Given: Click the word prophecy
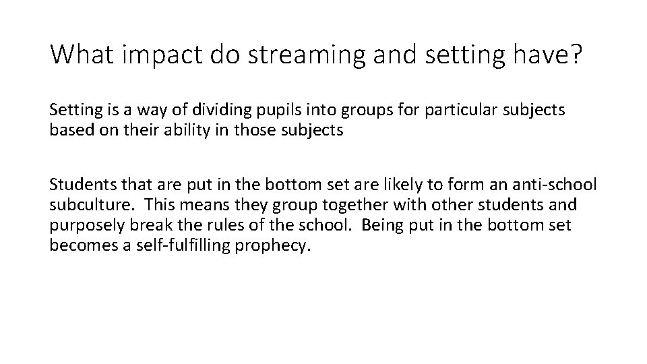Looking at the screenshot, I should (x=278, y=245).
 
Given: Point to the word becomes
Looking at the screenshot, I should (x=76, y=245).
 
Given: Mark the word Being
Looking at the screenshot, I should (x=379, y=225).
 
